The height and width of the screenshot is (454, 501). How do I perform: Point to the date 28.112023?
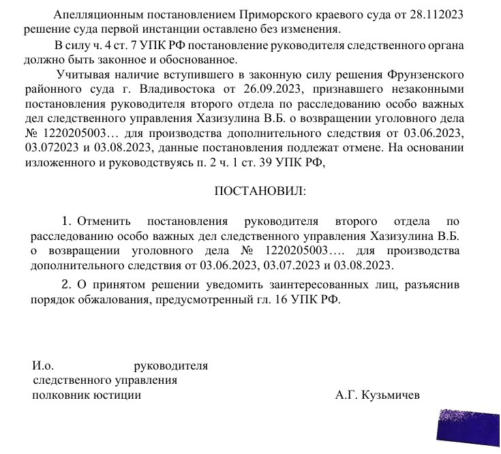[431, 14]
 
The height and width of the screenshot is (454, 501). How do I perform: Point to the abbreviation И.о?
[44, 366]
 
